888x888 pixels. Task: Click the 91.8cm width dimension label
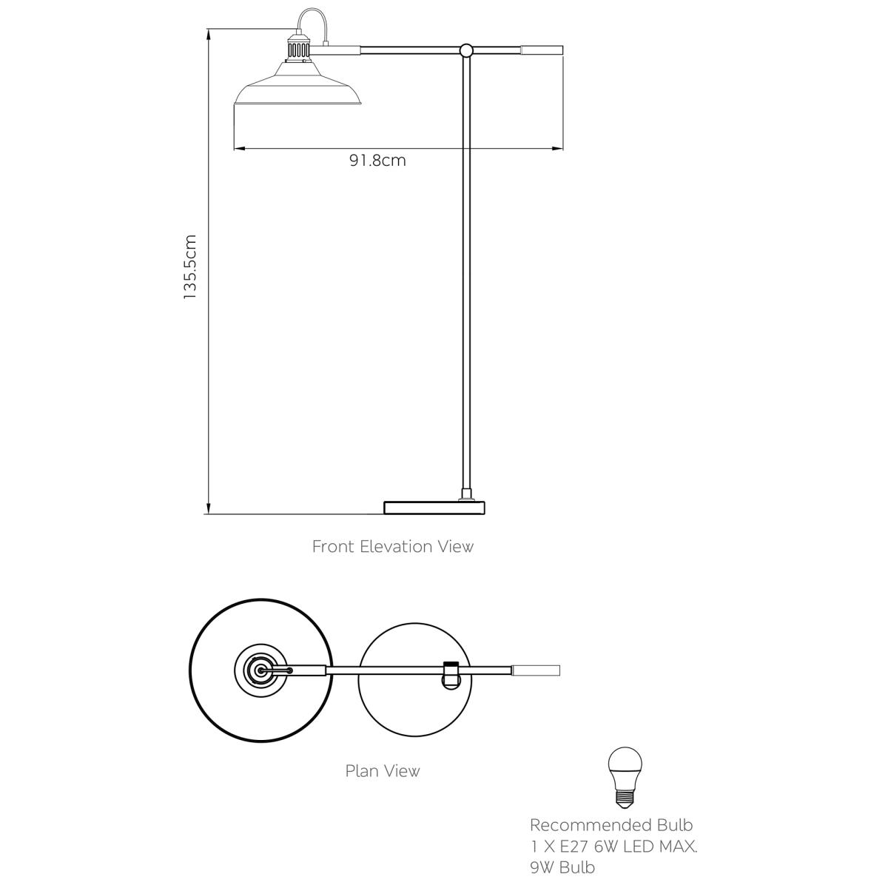(377, 161)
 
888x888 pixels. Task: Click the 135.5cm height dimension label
(190, 267)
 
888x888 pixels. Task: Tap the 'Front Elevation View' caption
(393, 547)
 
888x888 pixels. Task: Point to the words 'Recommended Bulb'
(611, 824)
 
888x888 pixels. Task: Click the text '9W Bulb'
(562, 867)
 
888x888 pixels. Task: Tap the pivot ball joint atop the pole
(466, 50)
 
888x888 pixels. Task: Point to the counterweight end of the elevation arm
(542, 50)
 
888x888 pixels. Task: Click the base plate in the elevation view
(434, 508)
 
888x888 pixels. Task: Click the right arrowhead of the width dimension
(558, 149)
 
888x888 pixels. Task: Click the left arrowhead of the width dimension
(240, 149)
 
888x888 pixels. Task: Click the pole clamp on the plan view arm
(451, 676)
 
